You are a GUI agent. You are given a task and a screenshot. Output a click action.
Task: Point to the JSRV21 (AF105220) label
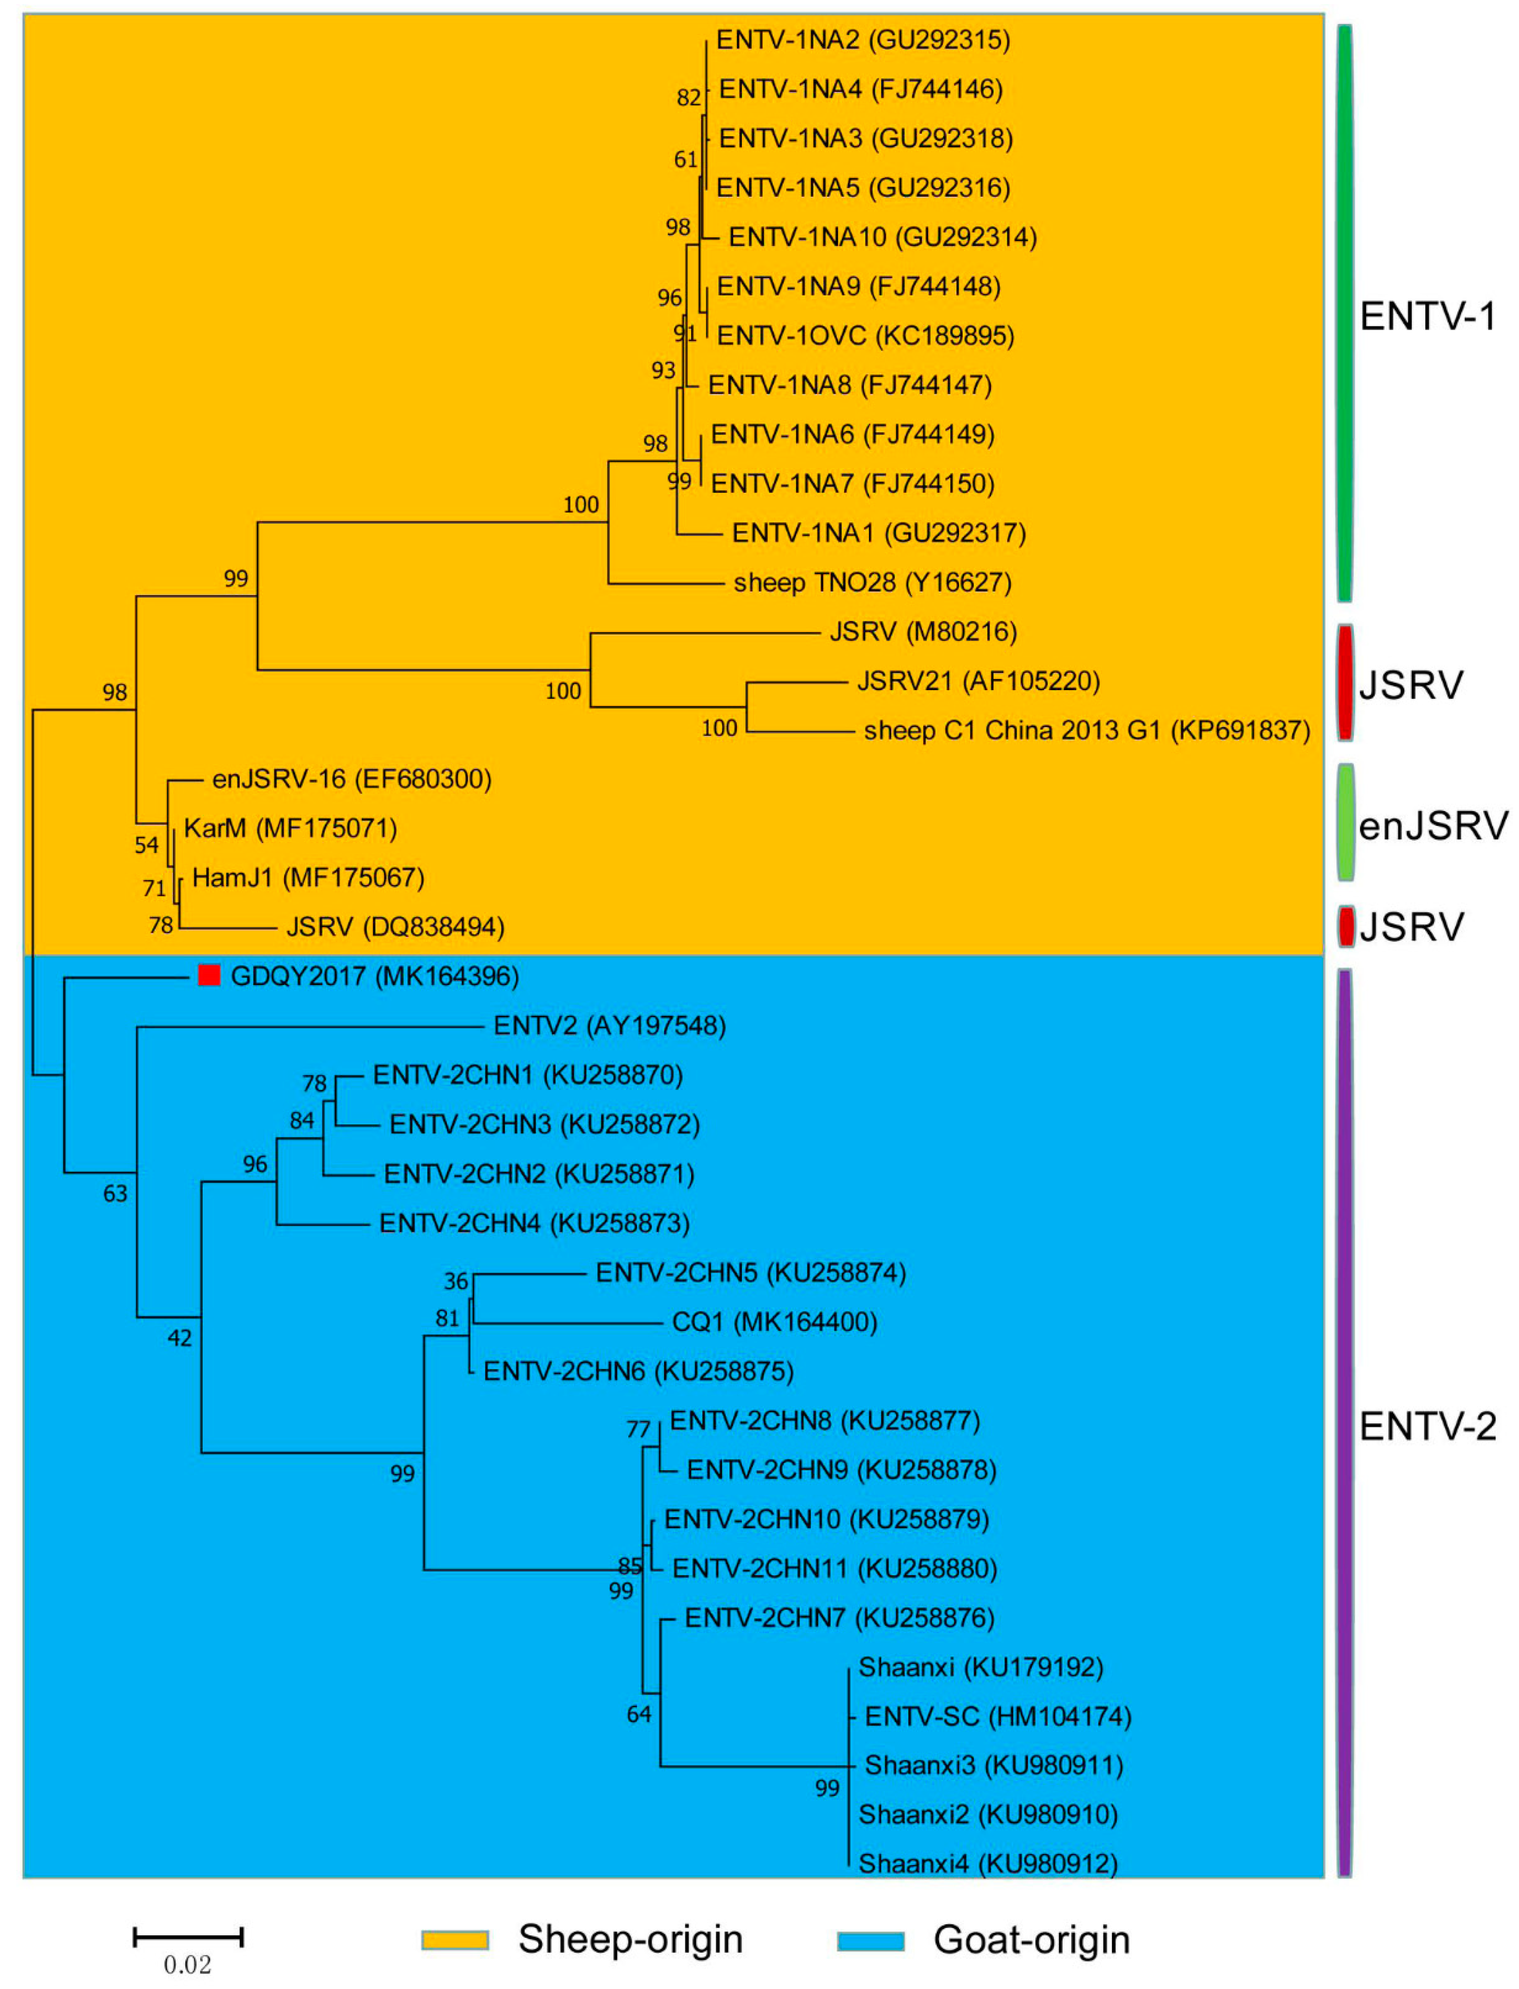tap(978, 681)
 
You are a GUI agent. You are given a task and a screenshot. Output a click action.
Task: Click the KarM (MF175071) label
tap(290, 828)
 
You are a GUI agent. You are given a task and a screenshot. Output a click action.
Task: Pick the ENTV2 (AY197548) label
tap(609, 1025)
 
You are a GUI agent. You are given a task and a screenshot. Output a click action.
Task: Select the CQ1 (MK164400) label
tap(774, 1322)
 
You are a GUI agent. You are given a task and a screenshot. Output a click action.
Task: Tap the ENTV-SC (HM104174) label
tap(998, 1716)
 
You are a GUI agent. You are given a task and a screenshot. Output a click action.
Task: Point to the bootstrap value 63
tap(115, 1193)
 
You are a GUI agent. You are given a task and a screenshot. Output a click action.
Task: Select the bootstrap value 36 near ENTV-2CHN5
tap(456, 1281)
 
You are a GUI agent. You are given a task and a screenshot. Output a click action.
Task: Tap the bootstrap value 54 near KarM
tap(147, 844)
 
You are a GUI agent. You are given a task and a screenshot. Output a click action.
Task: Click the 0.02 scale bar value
tap(187, 1964)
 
